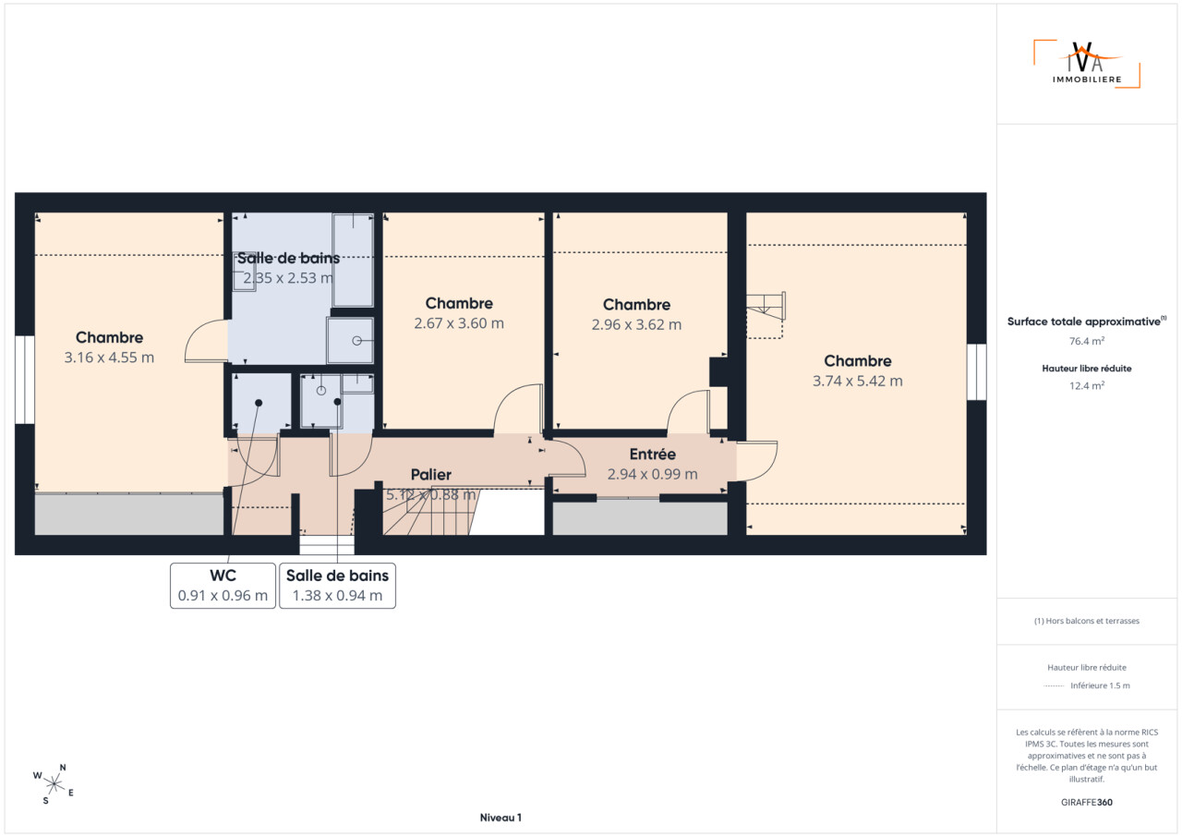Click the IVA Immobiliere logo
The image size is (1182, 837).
tap(1087, 64)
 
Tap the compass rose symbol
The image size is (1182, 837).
tap(54, 784)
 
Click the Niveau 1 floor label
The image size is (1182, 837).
tap(501, 818)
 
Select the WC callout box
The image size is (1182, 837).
tap(223, 586)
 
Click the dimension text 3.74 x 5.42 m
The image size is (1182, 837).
tap(858, 381)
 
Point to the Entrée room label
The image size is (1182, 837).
tap(652, 454)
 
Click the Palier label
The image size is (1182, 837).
tap(430, 475)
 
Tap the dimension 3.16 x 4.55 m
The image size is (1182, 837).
tap(109, 358)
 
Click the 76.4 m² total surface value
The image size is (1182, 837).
tap(1087, 341)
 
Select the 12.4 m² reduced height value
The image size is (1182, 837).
tap(1087, 386)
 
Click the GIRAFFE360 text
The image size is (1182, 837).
tap(1087, 802)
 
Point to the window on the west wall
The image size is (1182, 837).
tap(25, 380)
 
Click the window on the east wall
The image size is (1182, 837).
tap(976, 372)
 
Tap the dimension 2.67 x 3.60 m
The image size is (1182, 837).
tap(459, 323)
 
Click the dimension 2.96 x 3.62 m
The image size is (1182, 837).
tap(636, 324)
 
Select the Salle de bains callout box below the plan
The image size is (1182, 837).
tap(337, 586)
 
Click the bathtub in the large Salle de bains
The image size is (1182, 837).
tap(353, 260)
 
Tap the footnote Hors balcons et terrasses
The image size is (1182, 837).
tap(1087, 621)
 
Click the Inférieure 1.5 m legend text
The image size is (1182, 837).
tap(1100, 685)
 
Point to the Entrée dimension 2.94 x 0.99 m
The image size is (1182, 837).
tap(652, 474)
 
